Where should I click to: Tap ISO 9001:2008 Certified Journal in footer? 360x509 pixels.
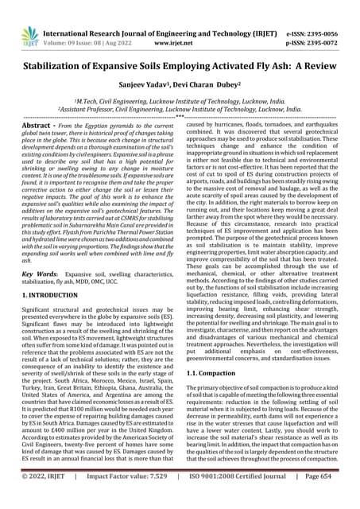click(x=242, y=500)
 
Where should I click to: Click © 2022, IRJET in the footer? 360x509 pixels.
click(x=41, y=500)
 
